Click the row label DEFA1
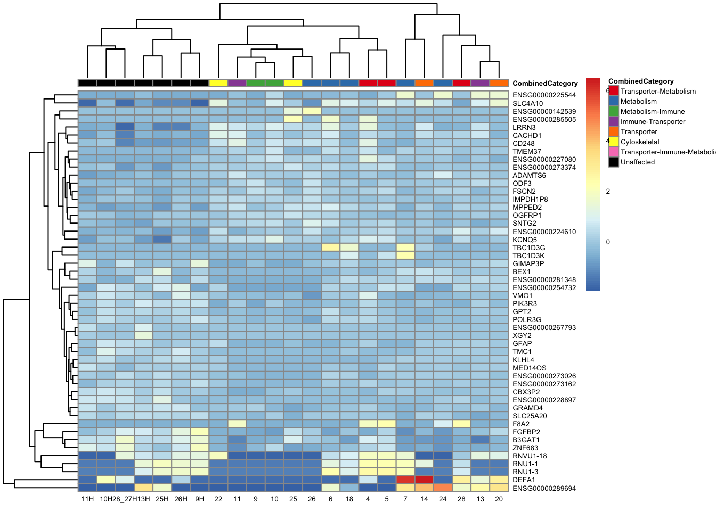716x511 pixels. (x=524, y=480)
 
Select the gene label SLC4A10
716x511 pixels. (x=527, y=104)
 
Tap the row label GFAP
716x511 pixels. (x=522, y=344)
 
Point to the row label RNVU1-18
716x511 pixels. (x=530, y=456)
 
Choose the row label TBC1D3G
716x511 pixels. (x=528, y=248)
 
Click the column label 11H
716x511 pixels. (x=87, y=499)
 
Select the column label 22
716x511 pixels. (x=218, y=499)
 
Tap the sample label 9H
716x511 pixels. (x=200, y=499)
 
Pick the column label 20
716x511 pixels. (x=499, y=499)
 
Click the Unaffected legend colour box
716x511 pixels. (x=614, y=162)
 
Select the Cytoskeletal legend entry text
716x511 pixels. (x=640, y=142)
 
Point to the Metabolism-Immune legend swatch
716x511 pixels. (x=614, y=112)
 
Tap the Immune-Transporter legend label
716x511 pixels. (x=653, y=122)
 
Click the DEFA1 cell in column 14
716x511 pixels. (x=424, y=480)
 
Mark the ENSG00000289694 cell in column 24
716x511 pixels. (x=443, y=488)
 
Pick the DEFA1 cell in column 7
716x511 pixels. (x=405, y=480)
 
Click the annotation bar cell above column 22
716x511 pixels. (x=218, y=83)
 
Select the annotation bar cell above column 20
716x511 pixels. (x=499, y=83)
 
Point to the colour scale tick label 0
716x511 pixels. (x=608, y=242)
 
